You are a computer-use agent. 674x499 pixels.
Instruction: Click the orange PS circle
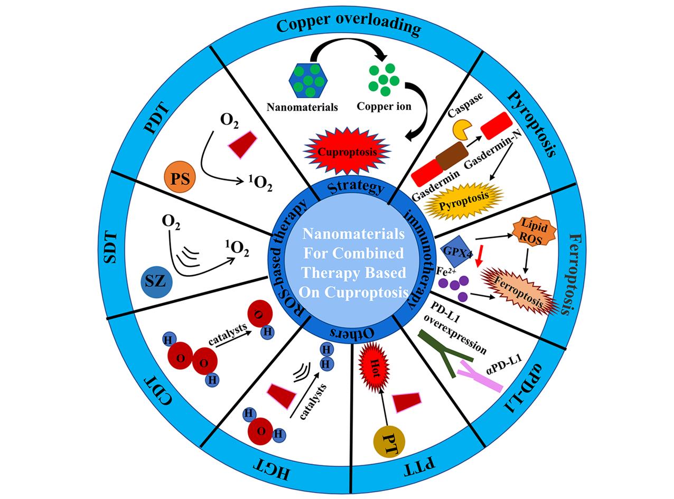(x=180, y=176)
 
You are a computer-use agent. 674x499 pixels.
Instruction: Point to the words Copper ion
(x=384, y=106)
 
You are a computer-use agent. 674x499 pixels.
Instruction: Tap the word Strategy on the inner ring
(x=355, y=187)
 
